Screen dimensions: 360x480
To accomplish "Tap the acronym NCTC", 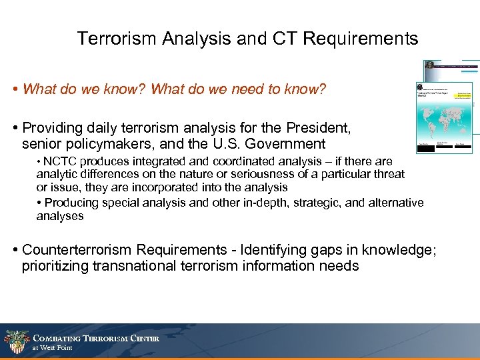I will click(x=60, y=162).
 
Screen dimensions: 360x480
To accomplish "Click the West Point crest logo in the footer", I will click(x=15, y=342).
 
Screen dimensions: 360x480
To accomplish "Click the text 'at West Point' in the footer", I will click(x=52, y=348).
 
